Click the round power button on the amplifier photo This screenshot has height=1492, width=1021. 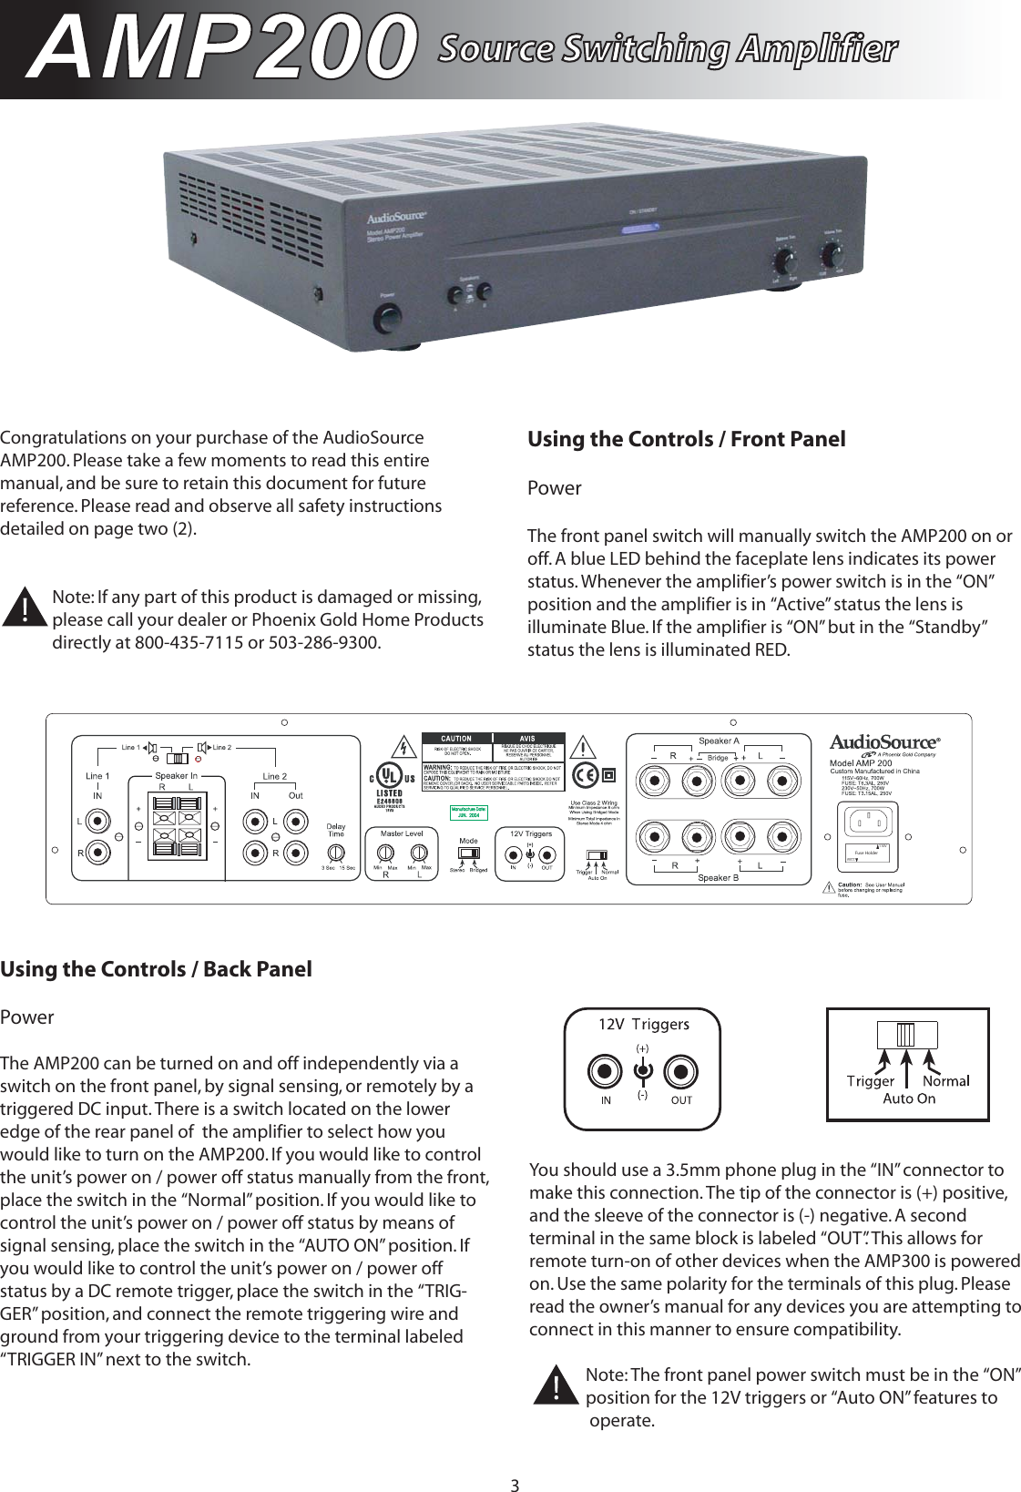387,320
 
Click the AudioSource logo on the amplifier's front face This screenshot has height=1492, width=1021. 397,219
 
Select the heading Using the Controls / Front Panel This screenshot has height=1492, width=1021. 686,439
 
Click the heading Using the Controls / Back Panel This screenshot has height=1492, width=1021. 156,969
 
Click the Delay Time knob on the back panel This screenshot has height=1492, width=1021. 336,853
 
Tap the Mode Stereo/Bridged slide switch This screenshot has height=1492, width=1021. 469,853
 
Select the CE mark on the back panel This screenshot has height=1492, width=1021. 586,776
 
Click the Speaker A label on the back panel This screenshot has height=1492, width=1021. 719,741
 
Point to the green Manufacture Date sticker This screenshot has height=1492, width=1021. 468,812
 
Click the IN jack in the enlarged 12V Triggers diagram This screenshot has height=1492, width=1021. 605,1073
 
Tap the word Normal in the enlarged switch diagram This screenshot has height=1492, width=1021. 945,1081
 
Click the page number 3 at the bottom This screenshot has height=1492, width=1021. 515,1486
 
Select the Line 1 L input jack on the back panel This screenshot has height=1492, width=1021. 98,821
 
